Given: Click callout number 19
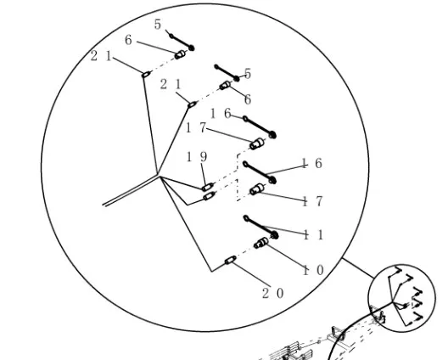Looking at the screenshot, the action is pos(197,157).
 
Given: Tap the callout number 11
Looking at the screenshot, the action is pos(313,235).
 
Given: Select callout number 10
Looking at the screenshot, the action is pos(313,270).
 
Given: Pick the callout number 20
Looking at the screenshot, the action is pos(273,294).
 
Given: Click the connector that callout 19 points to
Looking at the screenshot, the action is pos(207,187).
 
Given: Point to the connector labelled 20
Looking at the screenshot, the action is pos(231,260).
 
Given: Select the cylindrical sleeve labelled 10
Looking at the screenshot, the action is pos(261,243).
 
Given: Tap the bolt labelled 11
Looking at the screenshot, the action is pos(260,227).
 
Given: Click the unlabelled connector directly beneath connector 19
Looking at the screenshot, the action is pos(210,196).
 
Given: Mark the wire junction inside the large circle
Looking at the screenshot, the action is pos(159,175).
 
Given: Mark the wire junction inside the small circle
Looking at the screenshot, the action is pos(393,301).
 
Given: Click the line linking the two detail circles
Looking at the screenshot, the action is pos(358,268).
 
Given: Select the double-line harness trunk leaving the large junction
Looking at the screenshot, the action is pos(131,190).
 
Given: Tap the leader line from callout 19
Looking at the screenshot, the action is pos(203,174).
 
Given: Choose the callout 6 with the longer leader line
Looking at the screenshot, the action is pos(128,40).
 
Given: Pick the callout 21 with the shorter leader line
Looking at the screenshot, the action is pos(171,84).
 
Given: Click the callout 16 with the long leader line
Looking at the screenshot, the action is pos(312,163).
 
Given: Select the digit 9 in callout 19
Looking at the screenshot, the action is pos(204,157).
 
